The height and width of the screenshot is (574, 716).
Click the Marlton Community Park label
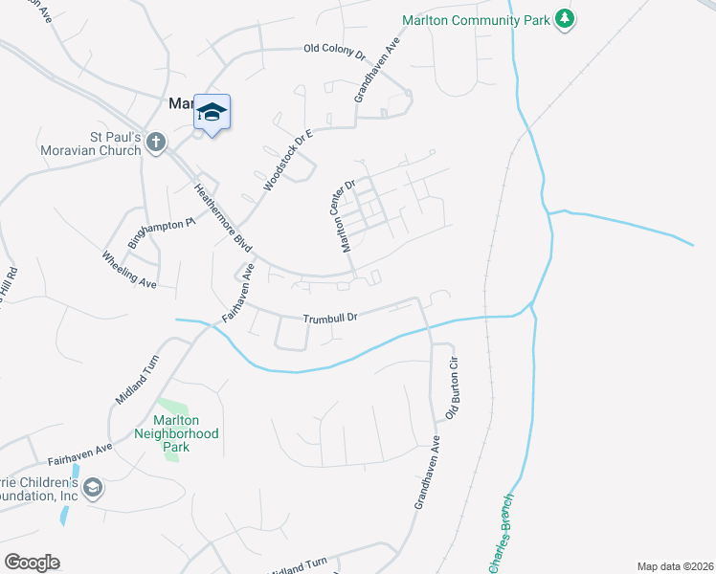click(x=475, y=19)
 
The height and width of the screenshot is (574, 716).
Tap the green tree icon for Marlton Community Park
click(x=566, y=19)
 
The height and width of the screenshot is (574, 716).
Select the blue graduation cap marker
click(x=212, y=112)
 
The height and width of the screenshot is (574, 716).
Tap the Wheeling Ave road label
click(x=129, y=270)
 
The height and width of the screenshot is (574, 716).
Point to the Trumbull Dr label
click(x=330, y=318)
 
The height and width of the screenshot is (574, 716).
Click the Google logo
click(x=32, y=563)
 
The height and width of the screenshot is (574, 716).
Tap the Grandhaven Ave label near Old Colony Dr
click(x=374, y=72)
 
